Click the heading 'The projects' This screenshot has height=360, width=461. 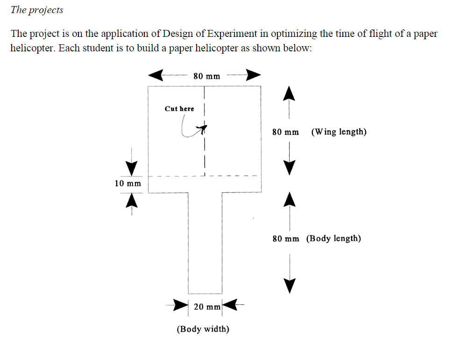click(x=37, y=10)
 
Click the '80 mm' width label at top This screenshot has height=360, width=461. click(x=206, y=76)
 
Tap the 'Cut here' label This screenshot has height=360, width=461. click(x=179, y=109)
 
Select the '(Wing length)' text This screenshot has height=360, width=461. click(x=339, y=132)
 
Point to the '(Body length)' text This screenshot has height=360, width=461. click(x=333, y=239)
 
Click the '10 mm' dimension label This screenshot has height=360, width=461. click(x=128, y=183)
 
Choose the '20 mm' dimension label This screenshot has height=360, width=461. click(x=207, y=307)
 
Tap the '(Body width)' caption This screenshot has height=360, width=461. click(x=203, y=329)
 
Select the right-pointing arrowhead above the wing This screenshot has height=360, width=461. click(x=253, y=75)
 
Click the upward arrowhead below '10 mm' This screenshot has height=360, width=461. click(x=132, y=199)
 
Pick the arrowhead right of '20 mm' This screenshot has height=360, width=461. click(x=232, y=306)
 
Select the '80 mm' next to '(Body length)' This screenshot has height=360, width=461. click(x=286, y=239)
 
